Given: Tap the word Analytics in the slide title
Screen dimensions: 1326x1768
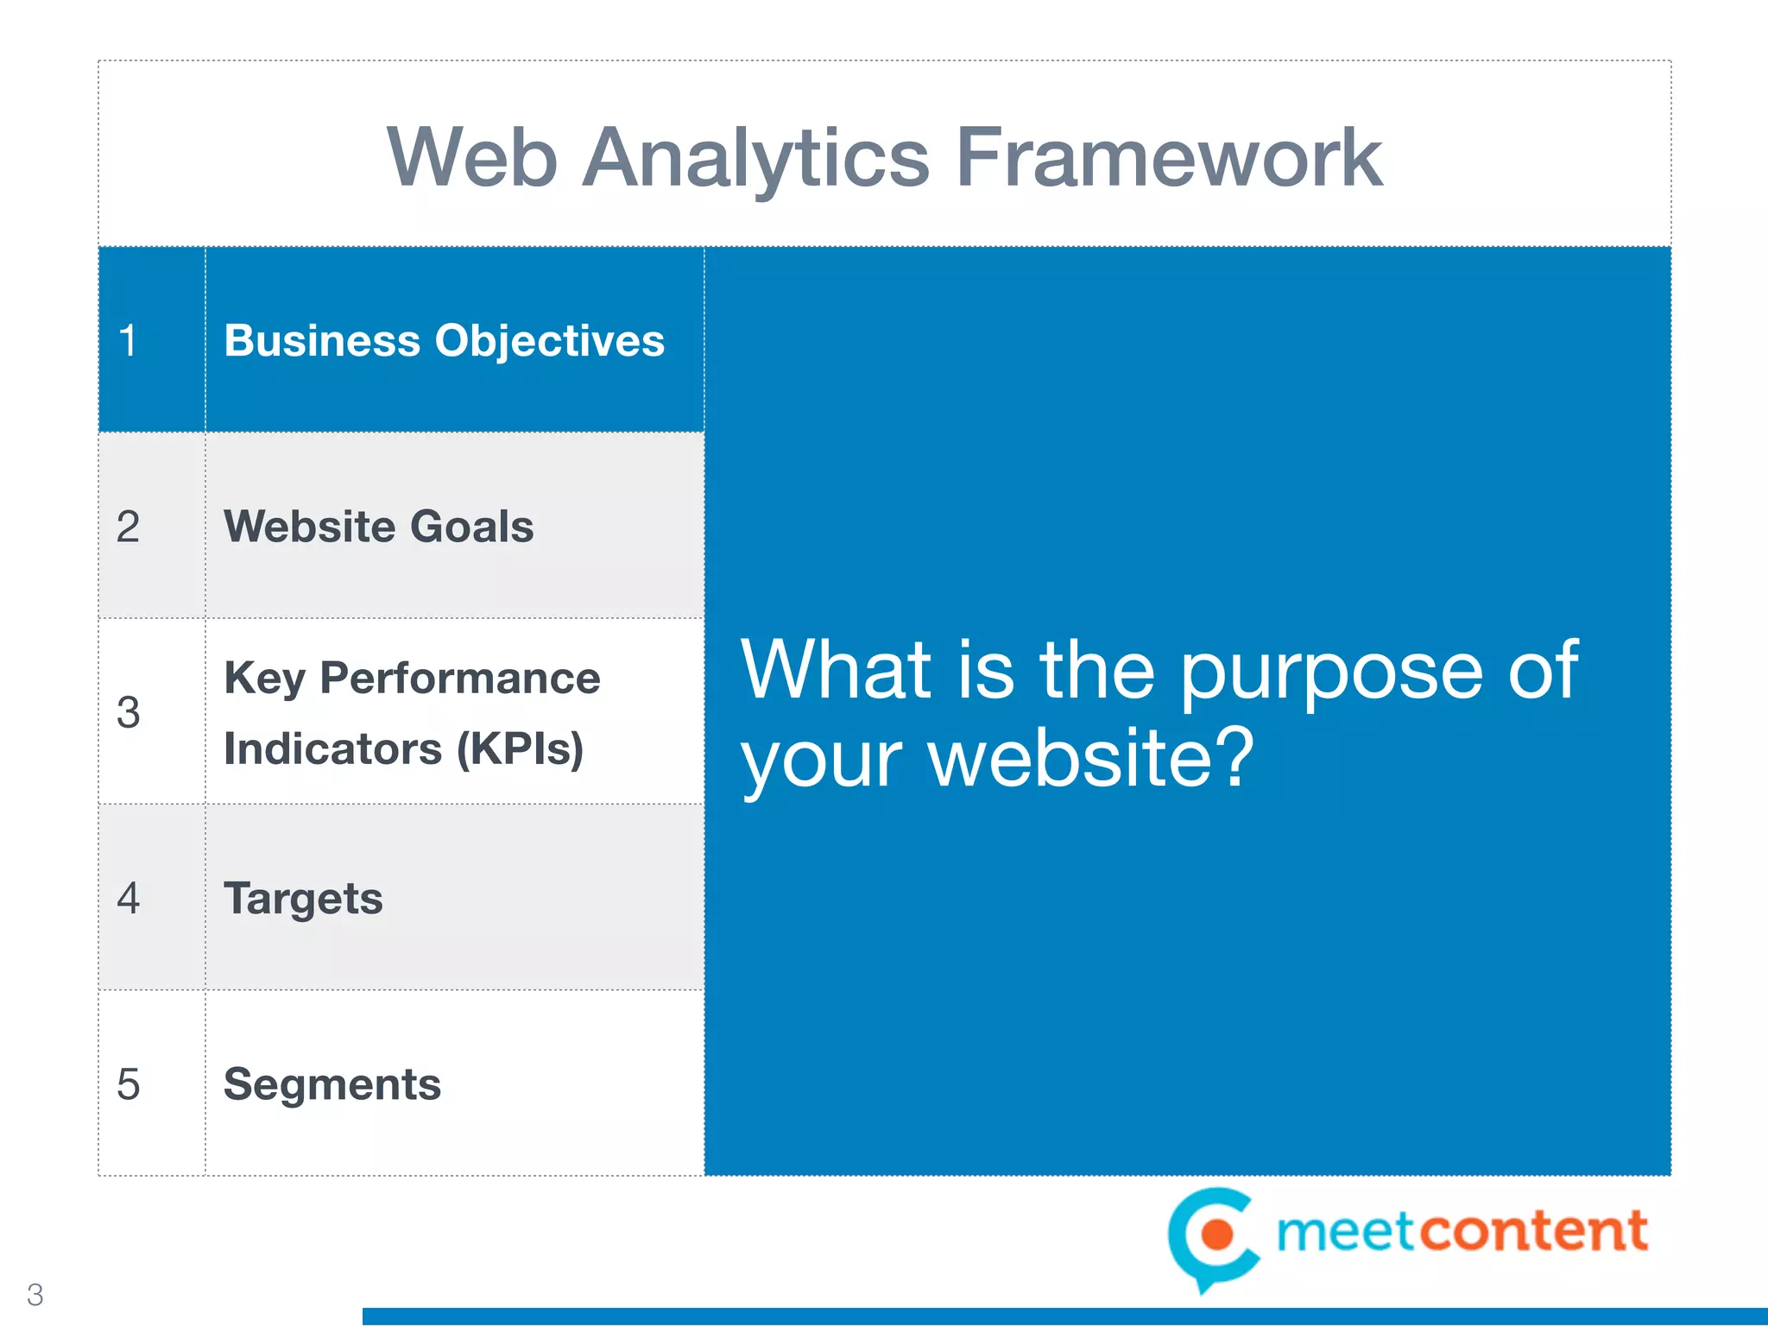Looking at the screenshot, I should [x=756, y=160].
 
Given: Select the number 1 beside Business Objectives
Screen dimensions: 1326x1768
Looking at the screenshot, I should [x=129, y=340].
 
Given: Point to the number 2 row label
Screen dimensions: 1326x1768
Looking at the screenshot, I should [x=128, y=527].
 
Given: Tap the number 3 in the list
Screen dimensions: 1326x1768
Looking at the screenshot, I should [x=128, y=712].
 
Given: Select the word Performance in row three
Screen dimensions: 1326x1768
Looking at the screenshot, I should [x=459, y=678].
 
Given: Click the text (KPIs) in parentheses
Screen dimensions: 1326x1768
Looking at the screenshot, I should [x=520, y=748].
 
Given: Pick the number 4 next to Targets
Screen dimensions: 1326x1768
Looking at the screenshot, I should [x=128, y=898].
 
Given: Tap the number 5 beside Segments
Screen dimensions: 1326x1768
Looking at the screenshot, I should [x=128, y=1084].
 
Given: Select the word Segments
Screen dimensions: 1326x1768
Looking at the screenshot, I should [x=332, y=1085].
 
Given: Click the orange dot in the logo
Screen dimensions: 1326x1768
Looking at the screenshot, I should [x=1218, y=1234].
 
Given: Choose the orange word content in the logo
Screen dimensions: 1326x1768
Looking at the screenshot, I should [x=1533, y=1230].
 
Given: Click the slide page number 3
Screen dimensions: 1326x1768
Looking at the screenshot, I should [x=35, y=1294].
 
